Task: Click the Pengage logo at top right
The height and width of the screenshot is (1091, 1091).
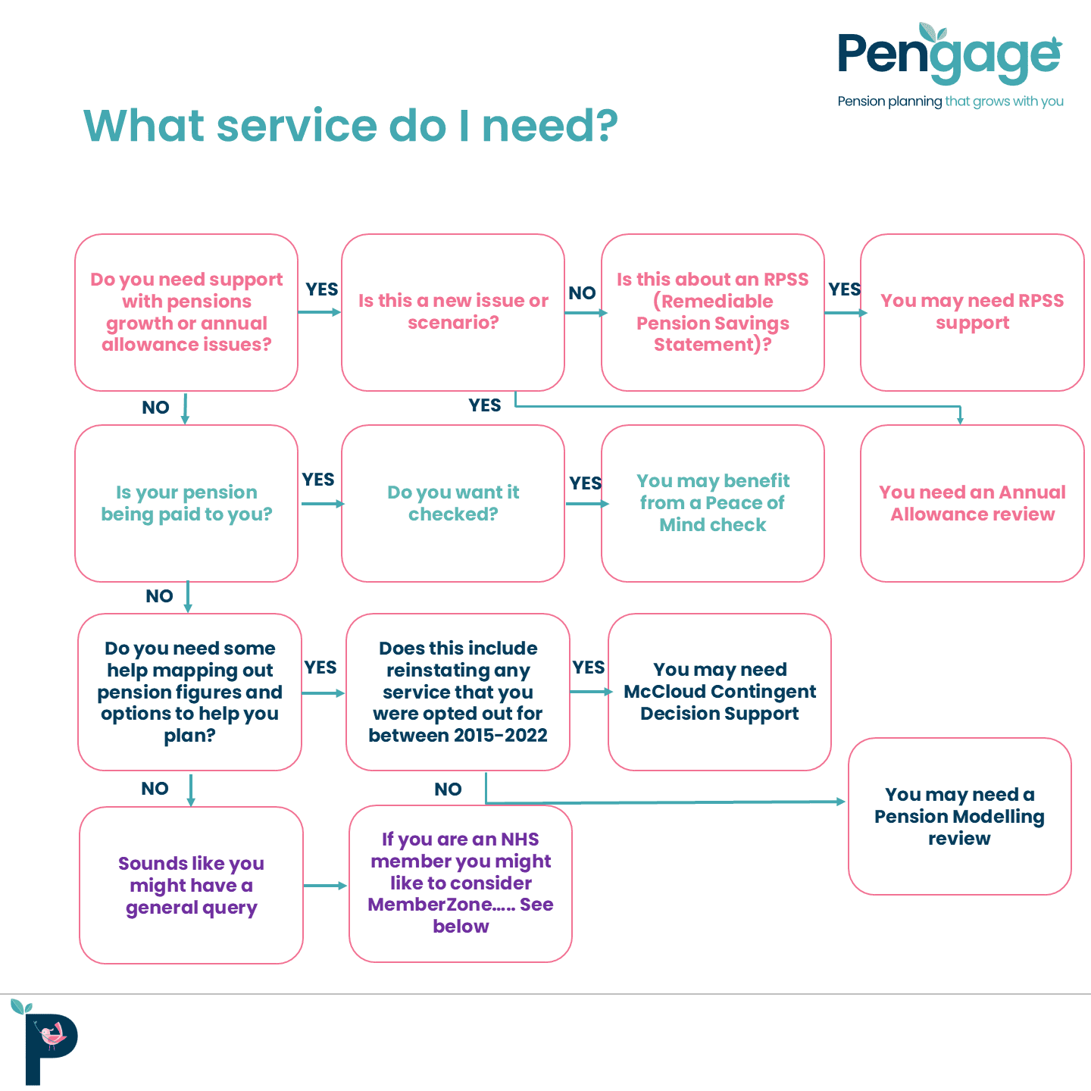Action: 949,55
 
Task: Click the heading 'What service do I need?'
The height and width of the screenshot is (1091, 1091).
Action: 350,126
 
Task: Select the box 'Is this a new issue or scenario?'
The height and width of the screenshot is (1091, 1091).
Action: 453,312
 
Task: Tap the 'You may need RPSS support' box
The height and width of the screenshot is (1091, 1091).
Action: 972,312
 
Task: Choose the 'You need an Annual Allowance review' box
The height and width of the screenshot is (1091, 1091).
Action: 972,503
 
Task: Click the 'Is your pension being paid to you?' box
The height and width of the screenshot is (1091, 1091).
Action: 186,503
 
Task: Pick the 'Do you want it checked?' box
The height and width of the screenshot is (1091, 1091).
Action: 453,503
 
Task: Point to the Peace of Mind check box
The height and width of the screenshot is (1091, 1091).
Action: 713,503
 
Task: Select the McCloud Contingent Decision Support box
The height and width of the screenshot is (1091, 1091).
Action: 720,692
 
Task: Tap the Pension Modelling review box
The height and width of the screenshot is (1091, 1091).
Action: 959,816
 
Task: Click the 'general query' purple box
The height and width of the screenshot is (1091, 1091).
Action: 191,885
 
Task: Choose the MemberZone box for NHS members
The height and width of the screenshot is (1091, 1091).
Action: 461,883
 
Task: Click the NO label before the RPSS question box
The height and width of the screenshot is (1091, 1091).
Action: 582,293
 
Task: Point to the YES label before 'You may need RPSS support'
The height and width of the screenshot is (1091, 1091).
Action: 844,289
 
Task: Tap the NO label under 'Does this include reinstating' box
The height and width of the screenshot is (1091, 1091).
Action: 448,789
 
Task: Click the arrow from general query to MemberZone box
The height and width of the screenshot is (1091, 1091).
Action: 326,885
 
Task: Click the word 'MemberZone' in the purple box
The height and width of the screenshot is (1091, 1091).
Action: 430,905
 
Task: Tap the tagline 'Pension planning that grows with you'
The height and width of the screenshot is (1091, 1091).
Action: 950,102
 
